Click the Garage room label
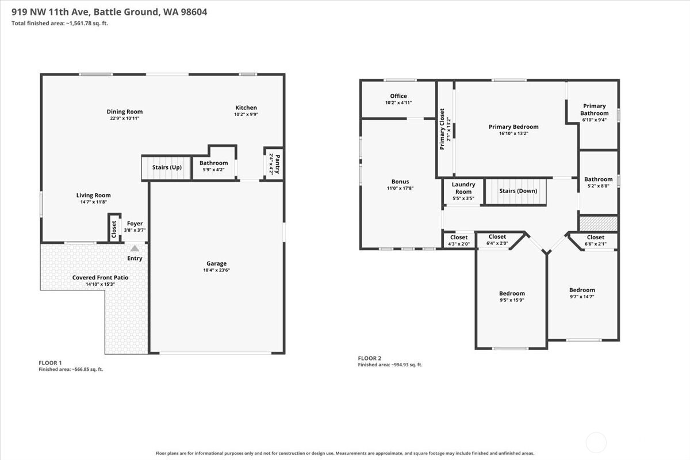pyautogui.click(x=216, y=263)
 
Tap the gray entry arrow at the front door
pyautogui.click(x=135, y=248)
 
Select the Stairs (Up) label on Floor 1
pyautogui.click(x=167, y=167)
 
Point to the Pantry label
pyautogui.click(x=277, y=164)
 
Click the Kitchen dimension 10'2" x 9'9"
pyautogui.click(x=246, y=114)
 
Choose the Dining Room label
pyautogui.click(x=124, y=112)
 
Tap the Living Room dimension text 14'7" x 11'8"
pyautogui.click(x=93, y=202)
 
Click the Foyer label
pyautogui.click(x=135, y=223)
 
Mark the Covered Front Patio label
pyautogui.click(x=100, y=277)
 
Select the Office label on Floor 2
pyautogui.click(x=398, y=96)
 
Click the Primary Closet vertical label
pyautogui.click(x=442, y=129)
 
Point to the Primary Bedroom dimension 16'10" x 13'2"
pyautogui.click(x=513, y=133)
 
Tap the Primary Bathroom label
pyautogui.click(x=594, y=109)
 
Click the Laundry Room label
pyautogui.click(x=463, y=187)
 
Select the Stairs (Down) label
pyautogui.click(x=518, y=191)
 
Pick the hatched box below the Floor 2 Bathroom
pyautogui.click(x=599, y=224)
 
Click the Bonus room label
pyautogui.click(x=400, y=182)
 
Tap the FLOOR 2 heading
pyautogui.click(x=369, y=358)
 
